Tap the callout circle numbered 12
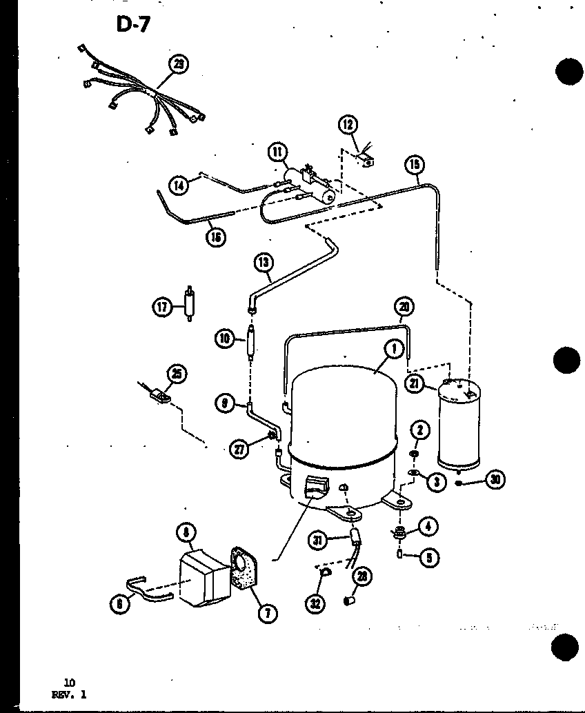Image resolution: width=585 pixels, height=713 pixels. pos(348,125)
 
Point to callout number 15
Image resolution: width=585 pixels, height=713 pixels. pos(415,164)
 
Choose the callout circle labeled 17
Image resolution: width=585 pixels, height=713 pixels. pos(161,307)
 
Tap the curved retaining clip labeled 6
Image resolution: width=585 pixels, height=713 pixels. pos(147,594)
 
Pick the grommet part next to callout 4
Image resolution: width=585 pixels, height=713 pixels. pos(399,532)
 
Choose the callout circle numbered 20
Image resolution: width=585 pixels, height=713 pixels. pos(404,306)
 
